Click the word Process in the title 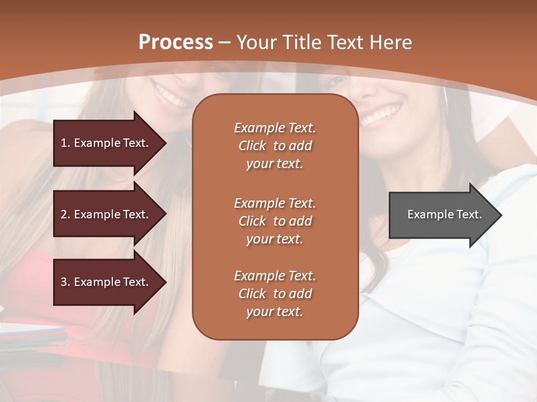[x=176, y=42]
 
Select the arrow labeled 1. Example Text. [x=106, y=143]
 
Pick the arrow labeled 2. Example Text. [x=106, y=214]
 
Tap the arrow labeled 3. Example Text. [x=106, y=282]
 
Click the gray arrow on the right [x=442, y=214]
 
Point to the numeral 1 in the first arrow [x=64, y=143]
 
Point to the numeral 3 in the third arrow [x=64, y=282]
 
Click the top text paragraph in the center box [x=275, y=146]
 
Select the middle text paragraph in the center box [x=275, y=221]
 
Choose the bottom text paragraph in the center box [x=275, y=294]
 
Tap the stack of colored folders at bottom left [x=34, y=338]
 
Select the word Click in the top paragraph [x=252, y=146]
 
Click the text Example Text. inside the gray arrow [x=444, y=214]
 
